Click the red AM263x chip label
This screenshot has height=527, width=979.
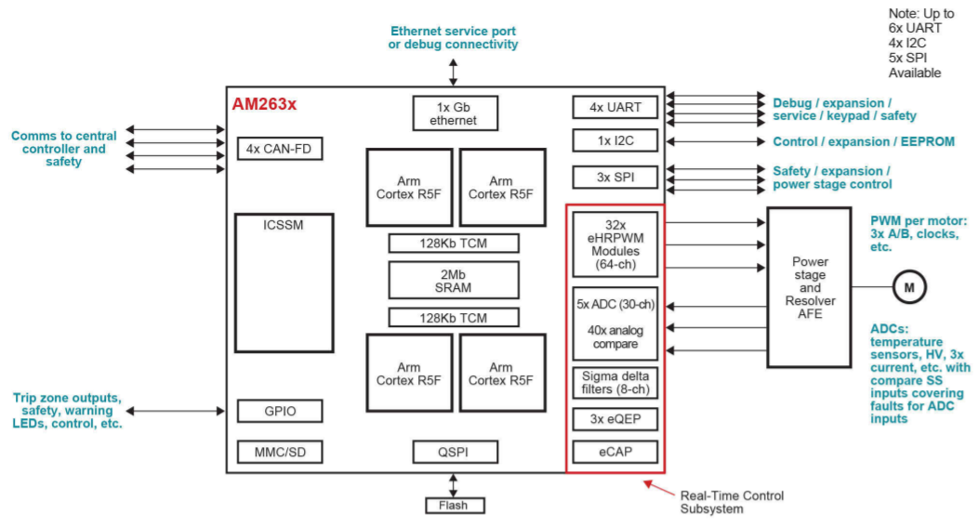[x=264, y=104]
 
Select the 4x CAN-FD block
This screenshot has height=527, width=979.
[x=280, y=149]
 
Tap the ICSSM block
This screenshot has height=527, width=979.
[x=284, y=283]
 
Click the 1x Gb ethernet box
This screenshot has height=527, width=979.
[x=454, y=113]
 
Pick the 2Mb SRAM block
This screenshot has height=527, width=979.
[x=454, y=280]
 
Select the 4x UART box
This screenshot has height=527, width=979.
[x=615, y=107]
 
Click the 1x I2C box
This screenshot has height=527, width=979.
[x=615, y=140]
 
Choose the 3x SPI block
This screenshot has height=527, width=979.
[x=615, y=177]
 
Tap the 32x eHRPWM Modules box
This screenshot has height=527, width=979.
[x=615, y=244]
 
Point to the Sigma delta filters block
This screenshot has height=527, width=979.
[x=615, y=382]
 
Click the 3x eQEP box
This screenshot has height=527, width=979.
[x=615, y=419]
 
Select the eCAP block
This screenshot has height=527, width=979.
[x=615, y=453]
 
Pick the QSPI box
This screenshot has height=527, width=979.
[x=454, y=453]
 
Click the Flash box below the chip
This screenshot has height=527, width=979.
[x=454, y=506]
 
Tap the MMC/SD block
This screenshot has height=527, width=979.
[x=280, y=453]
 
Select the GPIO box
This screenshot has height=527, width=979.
[x=280, y=411]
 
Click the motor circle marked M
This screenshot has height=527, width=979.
[x=908, y=288]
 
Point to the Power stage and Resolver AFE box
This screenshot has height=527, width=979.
[x=809, y=287]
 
